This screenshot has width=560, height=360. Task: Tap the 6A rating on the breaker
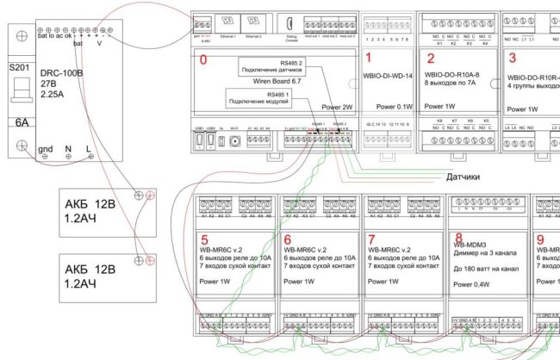(19, 122)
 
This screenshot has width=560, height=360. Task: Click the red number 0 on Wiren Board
(203, 61)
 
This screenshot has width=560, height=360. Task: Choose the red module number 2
(430, 59)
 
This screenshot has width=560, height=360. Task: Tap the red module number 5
(204, 239)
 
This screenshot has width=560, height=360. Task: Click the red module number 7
(371, 239)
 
